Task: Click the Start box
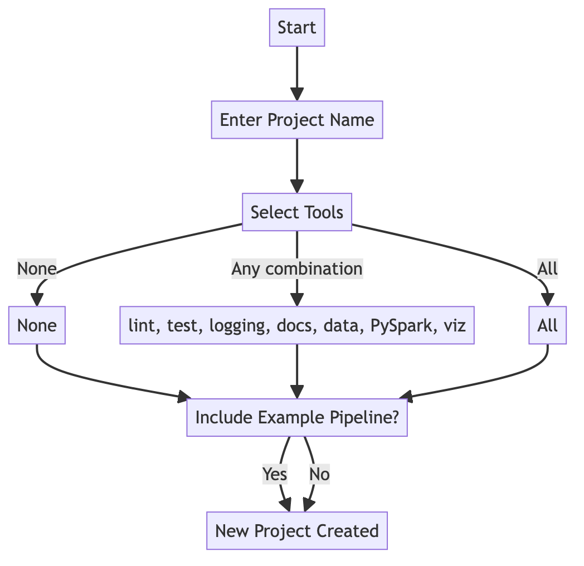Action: pos(297,27)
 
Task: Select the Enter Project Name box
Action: pos(297,120)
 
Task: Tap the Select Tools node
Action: pos(297,212)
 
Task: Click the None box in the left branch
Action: pos(37,325)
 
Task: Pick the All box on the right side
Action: pos(547,325)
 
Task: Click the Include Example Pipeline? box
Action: pos(297,417)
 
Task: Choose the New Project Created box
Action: pos(297,531)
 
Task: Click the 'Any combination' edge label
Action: pos(297,269)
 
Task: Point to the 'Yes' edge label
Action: pos(275,474)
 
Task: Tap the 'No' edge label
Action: pos(319,474)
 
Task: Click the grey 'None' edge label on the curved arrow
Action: pos(37,269)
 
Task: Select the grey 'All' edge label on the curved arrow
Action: pos(547,269)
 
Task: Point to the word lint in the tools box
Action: pos(139,325)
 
